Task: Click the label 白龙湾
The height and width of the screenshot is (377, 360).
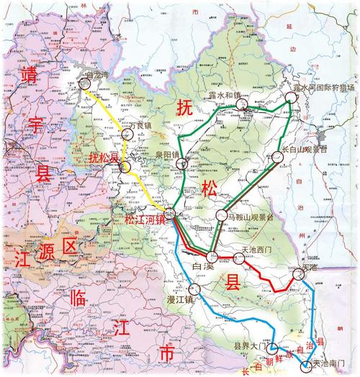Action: point(100,73)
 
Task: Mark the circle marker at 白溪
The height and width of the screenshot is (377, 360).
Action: point(212,257)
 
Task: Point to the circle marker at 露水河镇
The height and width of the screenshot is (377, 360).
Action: point(240,105)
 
